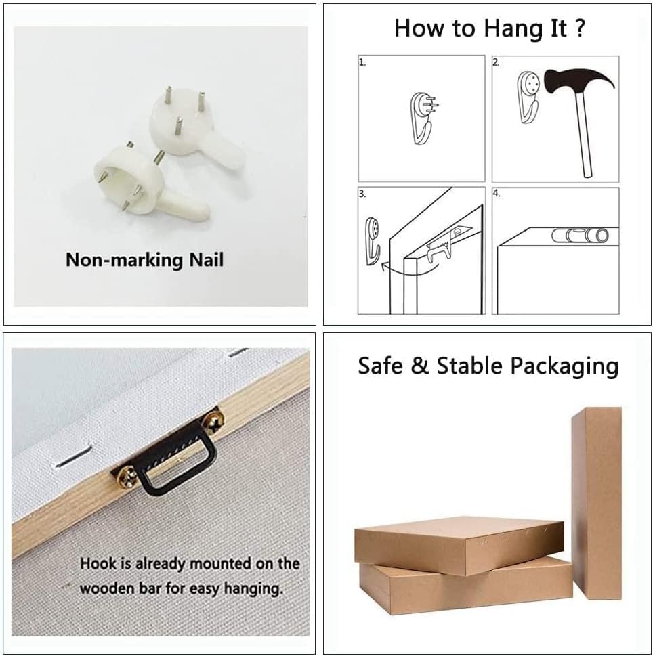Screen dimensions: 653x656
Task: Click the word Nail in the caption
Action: pyautogui.click(x=207, y=260)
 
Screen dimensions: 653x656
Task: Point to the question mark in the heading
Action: pyautogui.click(x=579, y=28)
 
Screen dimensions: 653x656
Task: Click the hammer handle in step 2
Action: pyautogui.click(x=584, y=134)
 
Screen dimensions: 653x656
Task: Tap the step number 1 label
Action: pyautogui.click(x=362, y=62)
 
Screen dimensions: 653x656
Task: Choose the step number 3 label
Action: pyautogui.click(x=362, y=194)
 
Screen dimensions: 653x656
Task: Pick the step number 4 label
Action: pyautogui.click(x=497, y=194)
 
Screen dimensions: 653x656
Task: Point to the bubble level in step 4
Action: pyautogui.click(x=580, y=236)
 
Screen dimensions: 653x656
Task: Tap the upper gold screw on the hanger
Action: pyautogui.click(x=213, y=421)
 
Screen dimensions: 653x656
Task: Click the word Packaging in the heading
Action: pyautogui.click(x=564, y=366)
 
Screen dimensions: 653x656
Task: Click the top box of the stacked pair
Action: pyautogui.click(x=459, y=544)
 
